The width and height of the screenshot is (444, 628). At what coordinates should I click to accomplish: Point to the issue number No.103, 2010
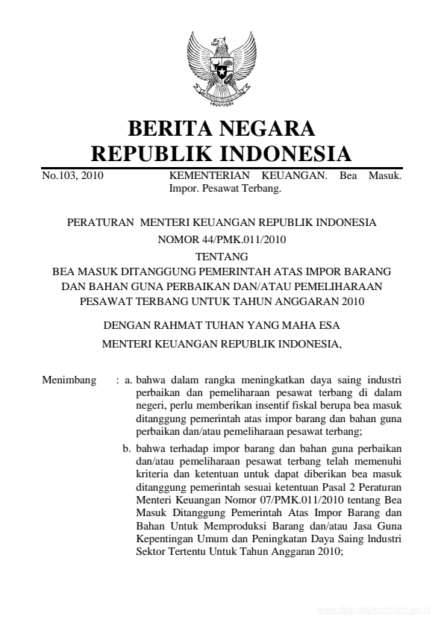click(x=72, y=177)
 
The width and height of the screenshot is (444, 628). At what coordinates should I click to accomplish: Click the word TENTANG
click(x=222, y=256)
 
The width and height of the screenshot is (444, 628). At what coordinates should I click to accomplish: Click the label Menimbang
click(x=69, y=381)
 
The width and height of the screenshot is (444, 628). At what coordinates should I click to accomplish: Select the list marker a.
click(x=128, y=381)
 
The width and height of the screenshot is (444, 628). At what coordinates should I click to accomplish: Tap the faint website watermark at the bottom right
click(x=373, y=609)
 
